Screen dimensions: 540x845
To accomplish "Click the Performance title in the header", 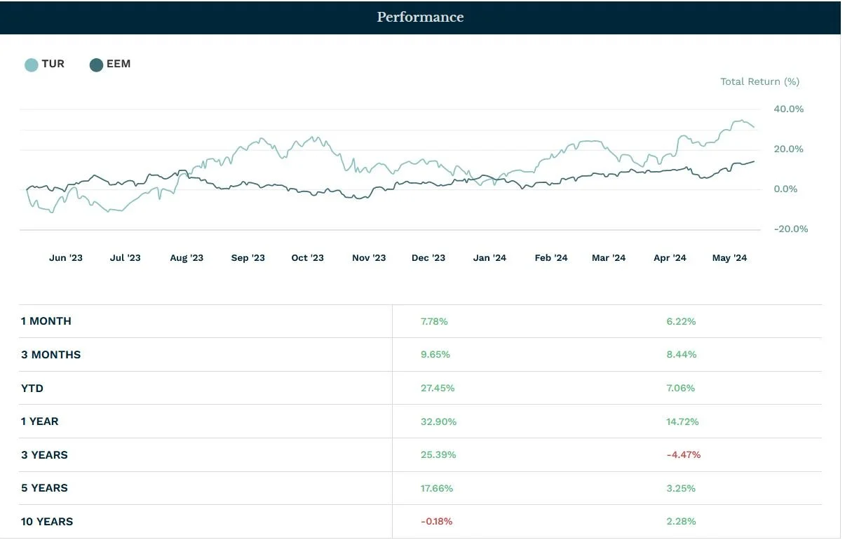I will [x=420, y=17].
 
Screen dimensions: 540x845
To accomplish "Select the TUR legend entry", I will [x=45, y=64].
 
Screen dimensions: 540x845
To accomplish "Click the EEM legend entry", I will [x=110, y=64].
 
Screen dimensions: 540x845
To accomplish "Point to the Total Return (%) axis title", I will [x=759, y=81].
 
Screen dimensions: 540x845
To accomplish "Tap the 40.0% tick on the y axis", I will [x=788, y=109].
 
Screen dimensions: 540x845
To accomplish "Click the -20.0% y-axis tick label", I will [x=790, y=229].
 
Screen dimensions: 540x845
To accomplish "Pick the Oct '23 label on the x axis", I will [x=307, y=257].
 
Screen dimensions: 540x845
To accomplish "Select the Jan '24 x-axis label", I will [x=489, y=257].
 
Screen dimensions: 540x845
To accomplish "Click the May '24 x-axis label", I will [x=729, y=257].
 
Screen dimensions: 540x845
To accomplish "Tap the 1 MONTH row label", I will [x=46, y=321].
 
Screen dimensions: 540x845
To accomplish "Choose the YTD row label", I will [x=32, y=388].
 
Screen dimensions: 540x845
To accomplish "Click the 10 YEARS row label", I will [x=47, y=521].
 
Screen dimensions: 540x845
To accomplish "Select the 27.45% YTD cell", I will [x=438, y=388].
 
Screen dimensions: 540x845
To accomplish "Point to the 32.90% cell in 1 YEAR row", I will [x=438, y=421].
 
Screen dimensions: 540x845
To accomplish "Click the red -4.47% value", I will [x=683, y=454].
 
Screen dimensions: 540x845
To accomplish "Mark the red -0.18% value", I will [x=436, y=521].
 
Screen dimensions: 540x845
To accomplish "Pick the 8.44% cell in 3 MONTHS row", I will [x=681, y=354].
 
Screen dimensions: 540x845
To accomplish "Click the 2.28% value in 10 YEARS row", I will [x=681, y=521].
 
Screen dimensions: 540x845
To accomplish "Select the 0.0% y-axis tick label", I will [x=785, y=189].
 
